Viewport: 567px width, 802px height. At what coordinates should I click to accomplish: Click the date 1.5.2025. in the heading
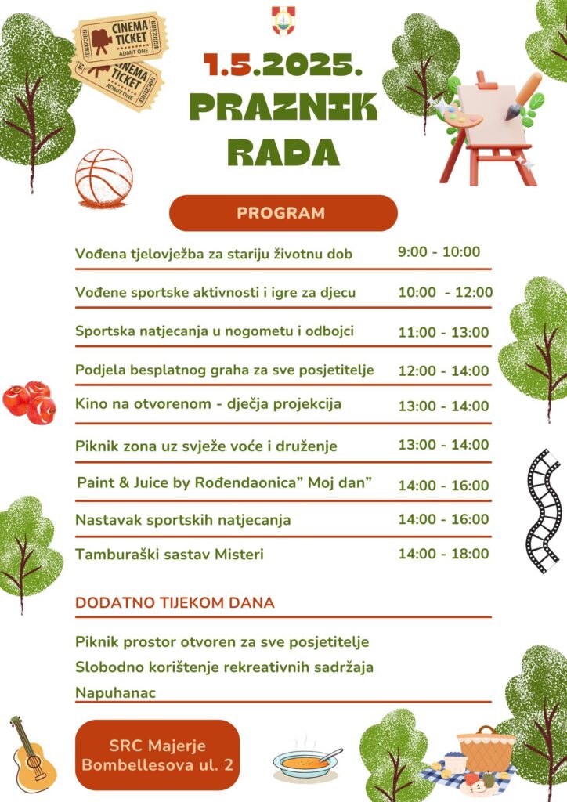[283, 65]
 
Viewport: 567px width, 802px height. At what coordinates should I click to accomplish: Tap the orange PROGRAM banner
[283, 213]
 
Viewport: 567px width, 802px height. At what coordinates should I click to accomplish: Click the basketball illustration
[103, 178]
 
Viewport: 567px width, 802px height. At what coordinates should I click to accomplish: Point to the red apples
[30, 402]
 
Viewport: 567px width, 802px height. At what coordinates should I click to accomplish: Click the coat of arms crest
[283, 20]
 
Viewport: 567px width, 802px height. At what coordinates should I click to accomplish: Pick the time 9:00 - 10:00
[439, 252]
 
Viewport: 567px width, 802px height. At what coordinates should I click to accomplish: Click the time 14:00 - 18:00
[443, 554]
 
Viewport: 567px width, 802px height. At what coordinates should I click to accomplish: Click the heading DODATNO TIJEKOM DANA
[175, 603]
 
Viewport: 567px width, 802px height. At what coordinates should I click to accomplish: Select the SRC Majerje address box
[157, 755]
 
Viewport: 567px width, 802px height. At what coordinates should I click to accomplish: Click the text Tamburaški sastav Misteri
[169, 555]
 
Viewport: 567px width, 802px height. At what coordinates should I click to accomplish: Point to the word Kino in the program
[90, 404]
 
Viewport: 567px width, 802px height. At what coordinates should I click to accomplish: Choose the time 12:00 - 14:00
[443, 370]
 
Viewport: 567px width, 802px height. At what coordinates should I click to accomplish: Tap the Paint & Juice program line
[224, 483]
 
